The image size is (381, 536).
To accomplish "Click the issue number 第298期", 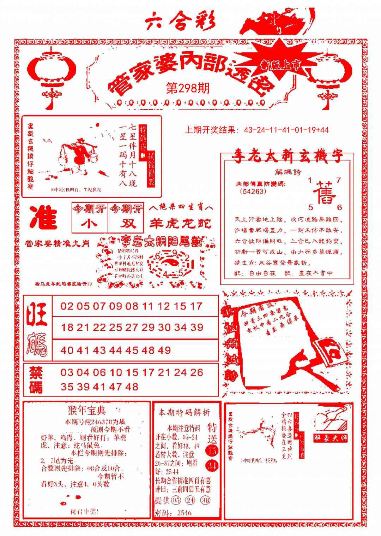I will [188, 88].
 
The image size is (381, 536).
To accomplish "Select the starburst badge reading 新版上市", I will [280, 64].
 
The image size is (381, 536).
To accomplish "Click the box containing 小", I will [90, 224].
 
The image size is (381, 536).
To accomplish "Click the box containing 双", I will [126, 224].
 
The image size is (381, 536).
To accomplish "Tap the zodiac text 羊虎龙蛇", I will [180, 223].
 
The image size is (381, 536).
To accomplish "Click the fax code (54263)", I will [253, 192].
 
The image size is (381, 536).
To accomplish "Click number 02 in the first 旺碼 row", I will [67, 306].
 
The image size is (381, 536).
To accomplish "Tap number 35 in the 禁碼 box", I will [67, 387].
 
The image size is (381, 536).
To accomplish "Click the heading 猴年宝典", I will [86, 411].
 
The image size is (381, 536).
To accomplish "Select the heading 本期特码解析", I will [184, 412].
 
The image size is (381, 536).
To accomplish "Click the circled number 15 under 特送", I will [212, 451].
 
